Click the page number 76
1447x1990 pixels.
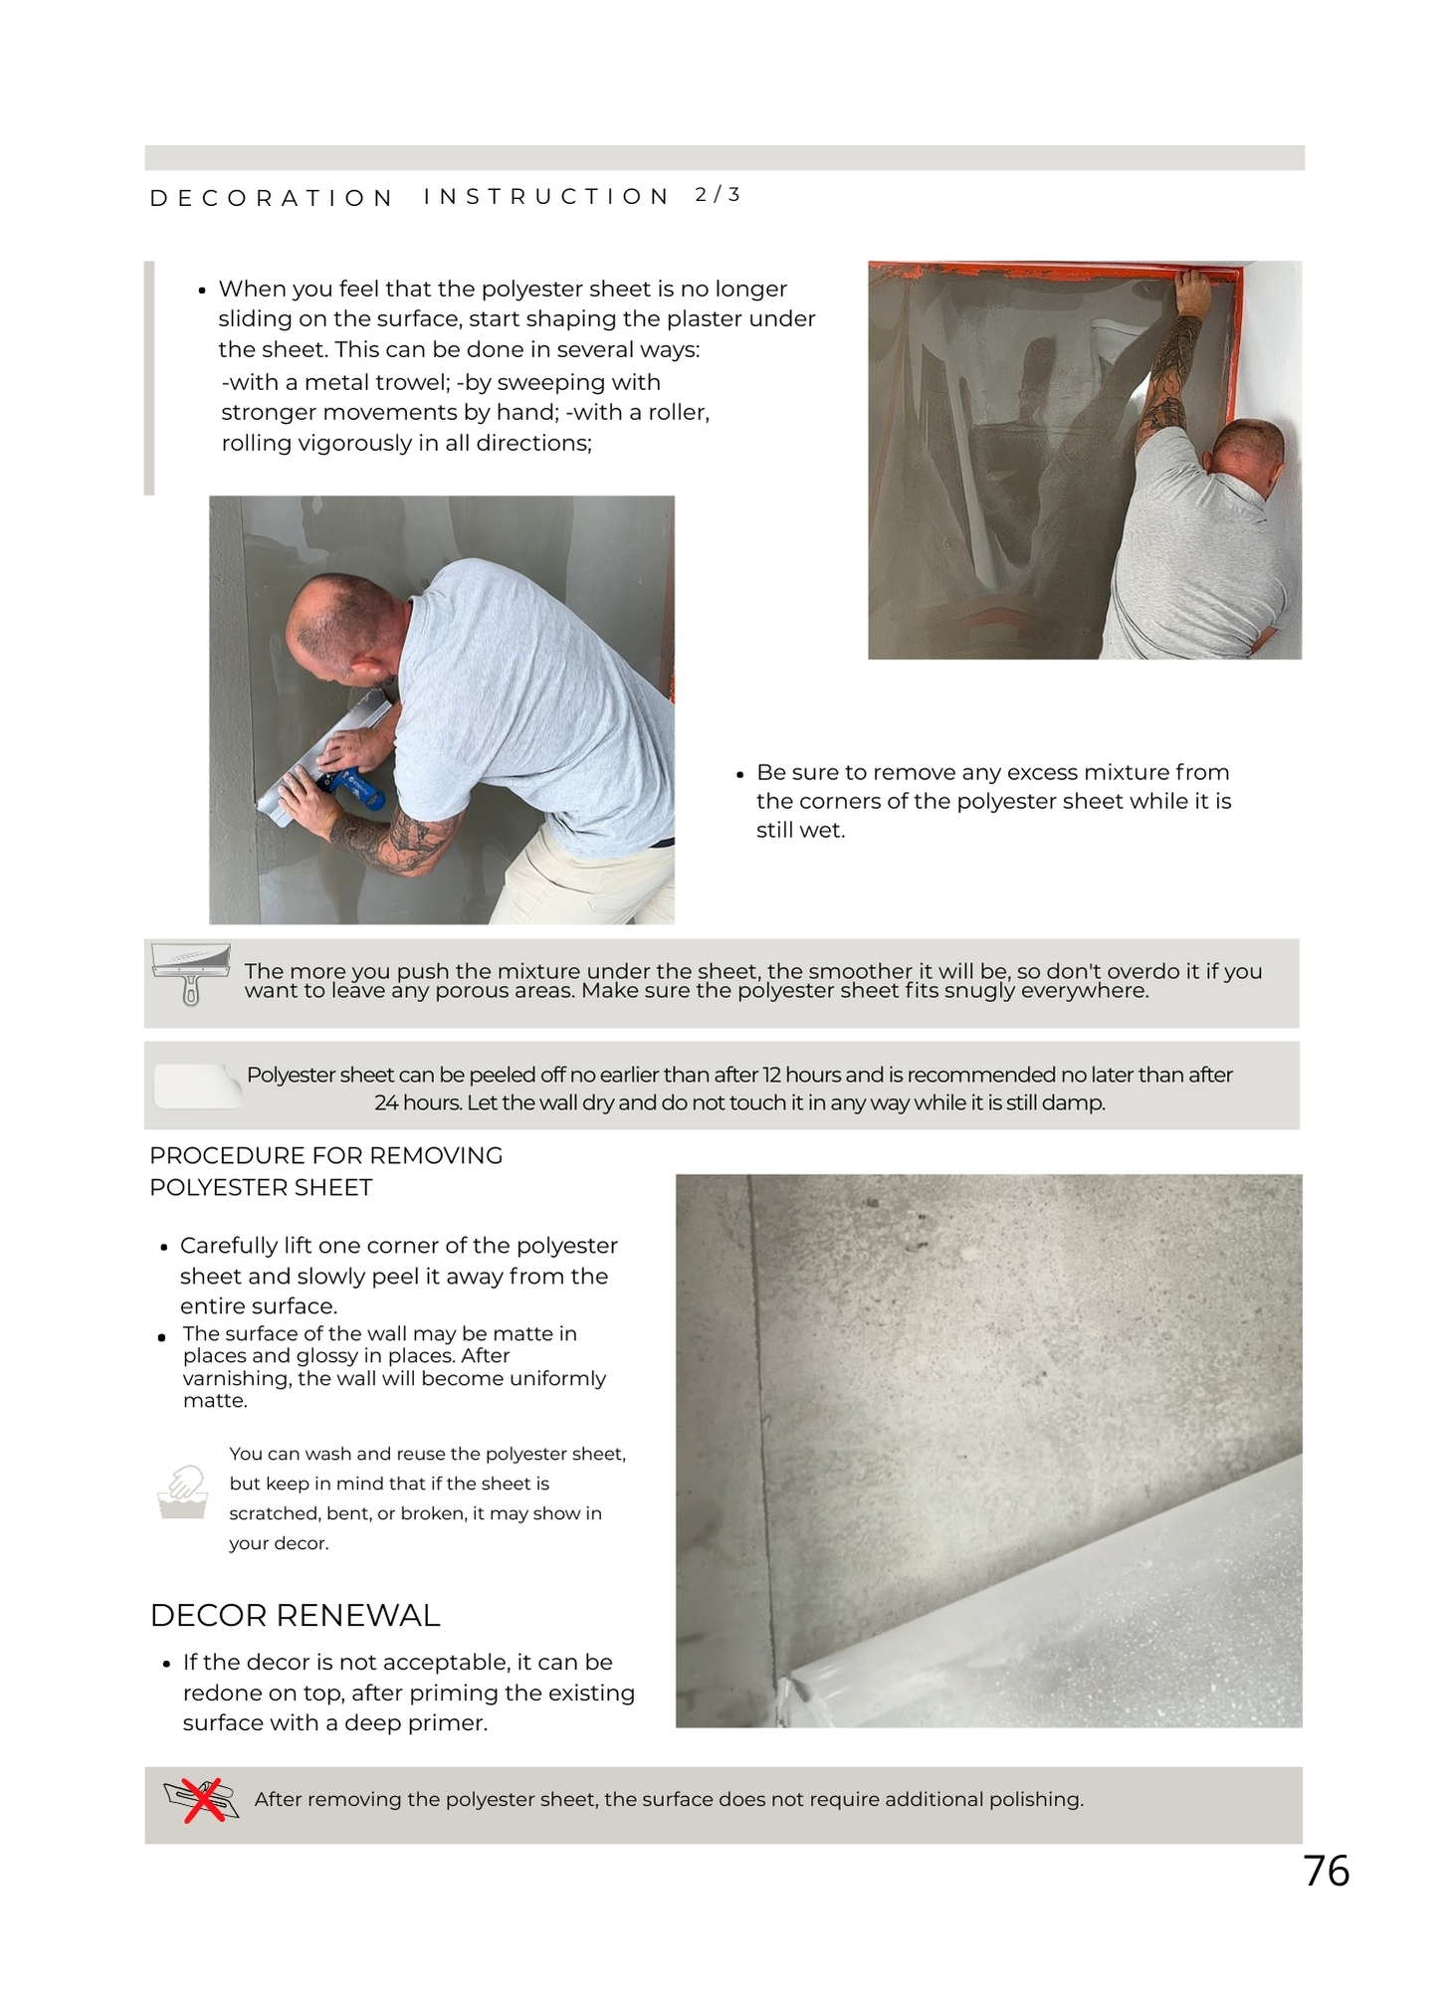pos(1326,1871)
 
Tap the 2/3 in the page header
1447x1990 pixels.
pos(718,195)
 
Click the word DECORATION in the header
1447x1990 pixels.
pos(272,198)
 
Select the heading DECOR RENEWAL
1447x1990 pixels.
pos(295,1615)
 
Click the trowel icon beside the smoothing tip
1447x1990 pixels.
pos(190,972)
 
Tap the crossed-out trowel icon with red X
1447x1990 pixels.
pos(202,1799)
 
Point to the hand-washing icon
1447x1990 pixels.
pos(183,1492)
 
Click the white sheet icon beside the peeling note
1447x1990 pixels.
pos(198,1086)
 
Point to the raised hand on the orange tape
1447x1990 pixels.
pos(1191,292)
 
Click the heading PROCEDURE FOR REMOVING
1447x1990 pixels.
pos(325,1155)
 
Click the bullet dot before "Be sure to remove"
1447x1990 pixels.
pos(739,774)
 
